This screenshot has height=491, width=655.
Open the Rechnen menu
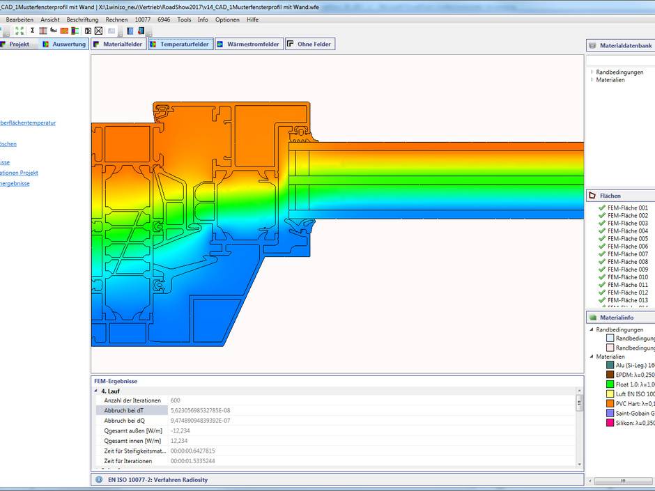pos(116,20)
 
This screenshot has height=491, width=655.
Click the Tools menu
pos(184,20)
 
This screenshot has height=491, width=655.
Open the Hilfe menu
pos(252,20)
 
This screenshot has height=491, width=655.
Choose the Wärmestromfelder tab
pos(249,44)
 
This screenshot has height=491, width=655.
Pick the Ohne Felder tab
pos(310,44)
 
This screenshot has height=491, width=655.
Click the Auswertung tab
pos(64,44)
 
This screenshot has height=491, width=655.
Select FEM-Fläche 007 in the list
pos(627,254)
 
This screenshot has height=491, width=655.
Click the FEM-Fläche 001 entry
pos(627,208)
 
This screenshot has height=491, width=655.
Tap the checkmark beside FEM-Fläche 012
pos(602,293)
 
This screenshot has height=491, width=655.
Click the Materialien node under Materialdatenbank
pos(610,80)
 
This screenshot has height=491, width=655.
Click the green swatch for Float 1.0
pos(610,384)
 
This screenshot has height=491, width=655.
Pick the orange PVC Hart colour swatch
pos(610,403)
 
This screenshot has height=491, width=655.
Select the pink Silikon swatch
pos(610,423)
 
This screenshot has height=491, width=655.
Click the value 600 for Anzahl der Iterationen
pos(175,400)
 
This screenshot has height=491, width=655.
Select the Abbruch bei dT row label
pos(123,411)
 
